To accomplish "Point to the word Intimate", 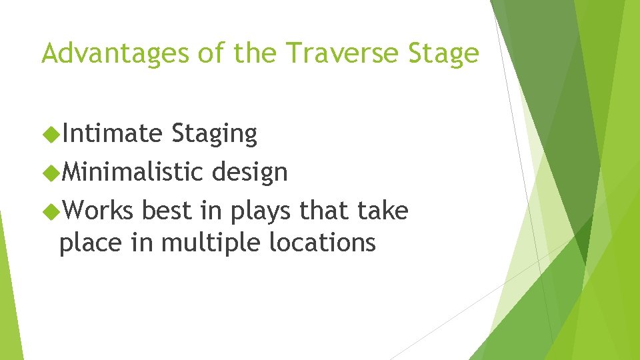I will pos(112,134).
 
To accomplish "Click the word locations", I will pos(323,243).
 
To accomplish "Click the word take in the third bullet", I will pos(382,211).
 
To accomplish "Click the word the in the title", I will pos(258,53).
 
